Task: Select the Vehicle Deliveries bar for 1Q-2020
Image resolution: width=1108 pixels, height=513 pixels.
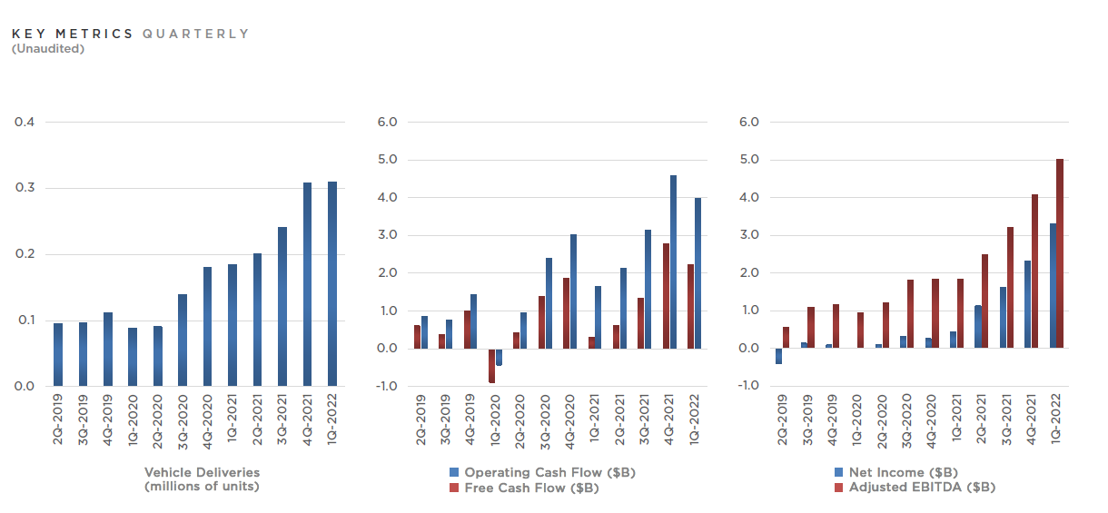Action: [133, 357]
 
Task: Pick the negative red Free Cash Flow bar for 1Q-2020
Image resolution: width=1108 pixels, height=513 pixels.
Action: [491, 366]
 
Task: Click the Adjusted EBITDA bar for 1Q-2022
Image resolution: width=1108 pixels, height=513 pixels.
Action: [1059, 253]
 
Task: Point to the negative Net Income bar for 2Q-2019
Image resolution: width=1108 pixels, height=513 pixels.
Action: [778, 356]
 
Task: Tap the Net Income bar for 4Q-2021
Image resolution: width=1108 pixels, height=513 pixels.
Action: [1027, 304]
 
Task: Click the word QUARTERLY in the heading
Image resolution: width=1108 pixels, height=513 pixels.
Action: [195, 34]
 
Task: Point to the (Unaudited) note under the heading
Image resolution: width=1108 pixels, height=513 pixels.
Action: [48, 48]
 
